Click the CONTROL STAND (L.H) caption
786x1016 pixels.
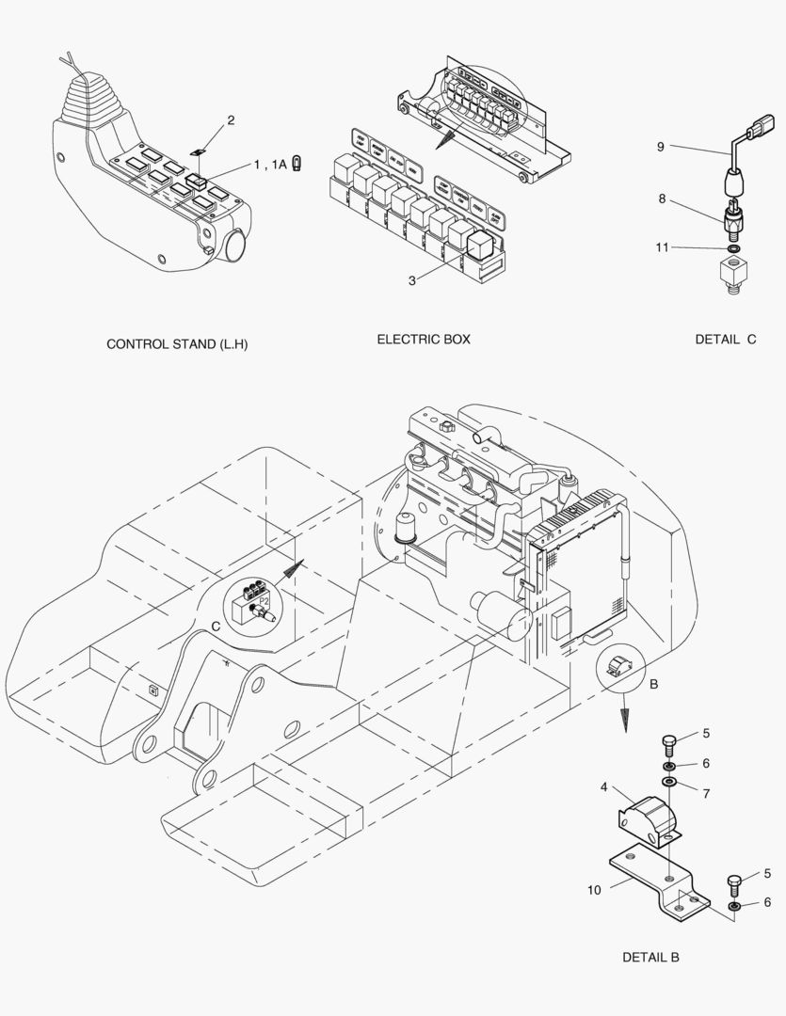click(x=177, y=344)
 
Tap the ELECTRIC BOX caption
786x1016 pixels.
click(x=424, y=339)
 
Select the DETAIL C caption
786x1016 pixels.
click(x=726, y=340)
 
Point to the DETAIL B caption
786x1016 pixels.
click(x=650, y=958)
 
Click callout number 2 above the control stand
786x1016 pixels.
click(x=231, y=120)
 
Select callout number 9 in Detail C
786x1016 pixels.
click(x=661, y=146)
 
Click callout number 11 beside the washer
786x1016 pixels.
click(x=663, y=247)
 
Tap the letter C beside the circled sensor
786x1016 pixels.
click(x=216, y=625)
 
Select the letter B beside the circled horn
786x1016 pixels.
click(x=653, y=686)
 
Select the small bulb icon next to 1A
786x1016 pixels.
click(x=297, y=163)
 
